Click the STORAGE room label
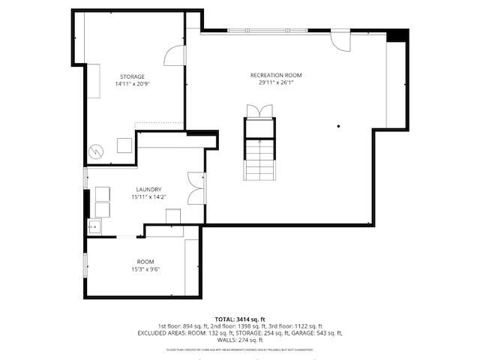click(x=132, y=76)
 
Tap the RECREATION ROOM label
click(x=276, y=75)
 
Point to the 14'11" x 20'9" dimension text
click(x=132, y=84)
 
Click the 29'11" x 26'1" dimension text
click(x=276, y=82)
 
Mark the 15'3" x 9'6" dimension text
click(x=145, y=268)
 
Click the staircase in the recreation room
click(x=260, y=159)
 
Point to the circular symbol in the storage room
click(x=96, y=150)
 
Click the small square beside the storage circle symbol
click(x=124, y=145)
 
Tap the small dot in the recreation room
click(x=339, y=126)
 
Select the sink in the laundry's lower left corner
click(x=94, y=226)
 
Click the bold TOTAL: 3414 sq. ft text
click(x=239, y=319)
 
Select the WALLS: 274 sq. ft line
click(x=239, y=340)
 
